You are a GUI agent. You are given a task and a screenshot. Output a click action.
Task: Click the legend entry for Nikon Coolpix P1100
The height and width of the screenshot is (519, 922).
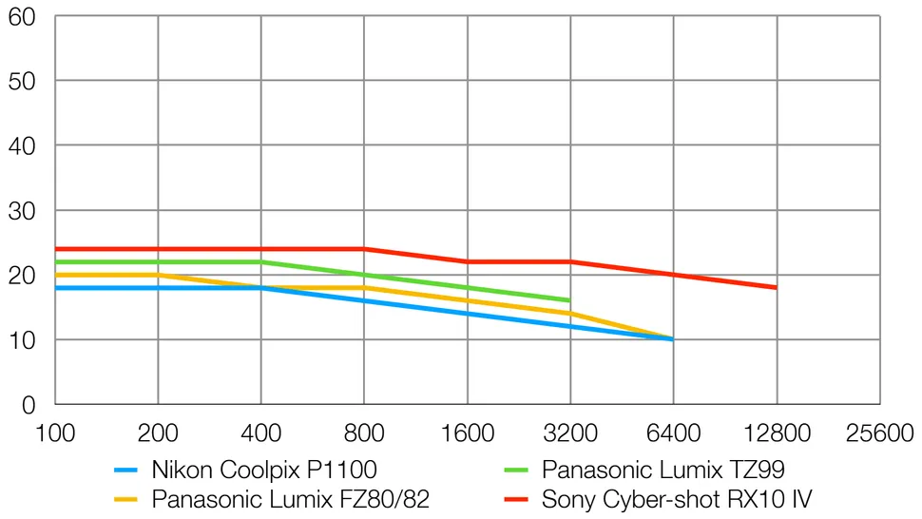264,469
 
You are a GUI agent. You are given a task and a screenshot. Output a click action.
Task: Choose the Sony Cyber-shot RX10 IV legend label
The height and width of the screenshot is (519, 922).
676,498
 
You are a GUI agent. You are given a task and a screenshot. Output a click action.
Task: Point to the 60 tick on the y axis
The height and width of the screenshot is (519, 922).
22,16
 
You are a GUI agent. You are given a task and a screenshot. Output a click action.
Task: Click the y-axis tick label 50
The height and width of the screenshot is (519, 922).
22,81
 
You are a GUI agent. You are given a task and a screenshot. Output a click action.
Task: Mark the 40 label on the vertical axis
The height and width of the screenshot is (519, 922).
22,145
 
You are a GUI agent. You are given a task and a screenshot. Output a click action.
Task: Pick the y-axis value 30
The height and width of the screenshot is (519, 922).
22,210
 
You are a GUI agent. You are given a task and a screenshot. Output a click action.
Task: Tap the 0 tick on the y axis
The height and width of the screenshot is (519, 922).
29,405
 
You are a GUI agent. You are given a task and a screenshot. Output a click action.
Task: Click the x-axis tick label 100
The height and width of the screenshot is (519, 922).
54,433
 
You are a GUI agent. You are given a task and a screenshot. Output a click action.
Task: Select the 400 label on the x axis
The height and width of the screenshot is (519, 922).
260,433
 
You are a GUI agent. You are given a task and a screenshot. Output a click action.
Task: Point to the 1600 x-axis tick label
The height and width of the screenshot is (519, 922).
467,433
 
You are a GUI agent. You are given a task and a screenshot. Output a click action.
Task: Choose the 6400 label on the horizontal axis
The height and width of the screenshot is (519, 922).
673,433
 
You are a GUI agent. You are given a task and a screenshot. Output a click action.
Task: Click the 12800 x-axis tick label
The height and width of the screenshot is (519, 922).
777,433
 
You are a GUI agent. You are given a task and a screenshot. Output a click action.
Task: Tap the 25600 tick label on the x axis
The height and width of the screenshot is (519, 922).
879,433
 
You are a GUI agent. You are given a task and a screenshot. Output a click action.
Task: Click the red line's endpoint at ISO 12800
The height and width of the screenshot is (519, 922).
777,287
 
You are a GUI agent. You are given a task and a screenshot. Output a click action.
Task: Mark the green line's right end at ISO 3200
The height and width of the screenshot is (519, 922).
569,300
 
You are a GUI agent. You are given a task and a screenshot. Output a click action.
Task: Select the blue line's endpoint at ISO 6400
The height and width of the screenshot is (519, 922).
673,338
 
